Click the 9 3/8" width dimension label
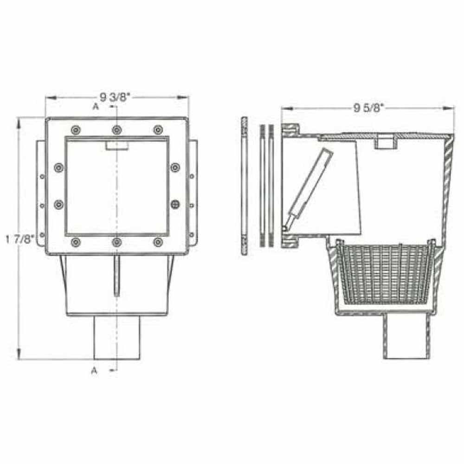(115, 97)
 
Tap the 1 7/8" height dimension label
(20, 238)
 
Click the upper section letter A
(96, 107)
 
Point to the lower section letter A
(94, 370)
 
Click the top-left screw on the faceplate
(76, 129)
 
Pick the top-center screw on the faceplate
(117, 129)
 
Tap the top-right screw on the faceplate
(158, 129)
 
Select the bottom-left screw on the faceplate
(76, 242)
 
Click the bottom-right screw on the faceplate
(158, 242)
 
